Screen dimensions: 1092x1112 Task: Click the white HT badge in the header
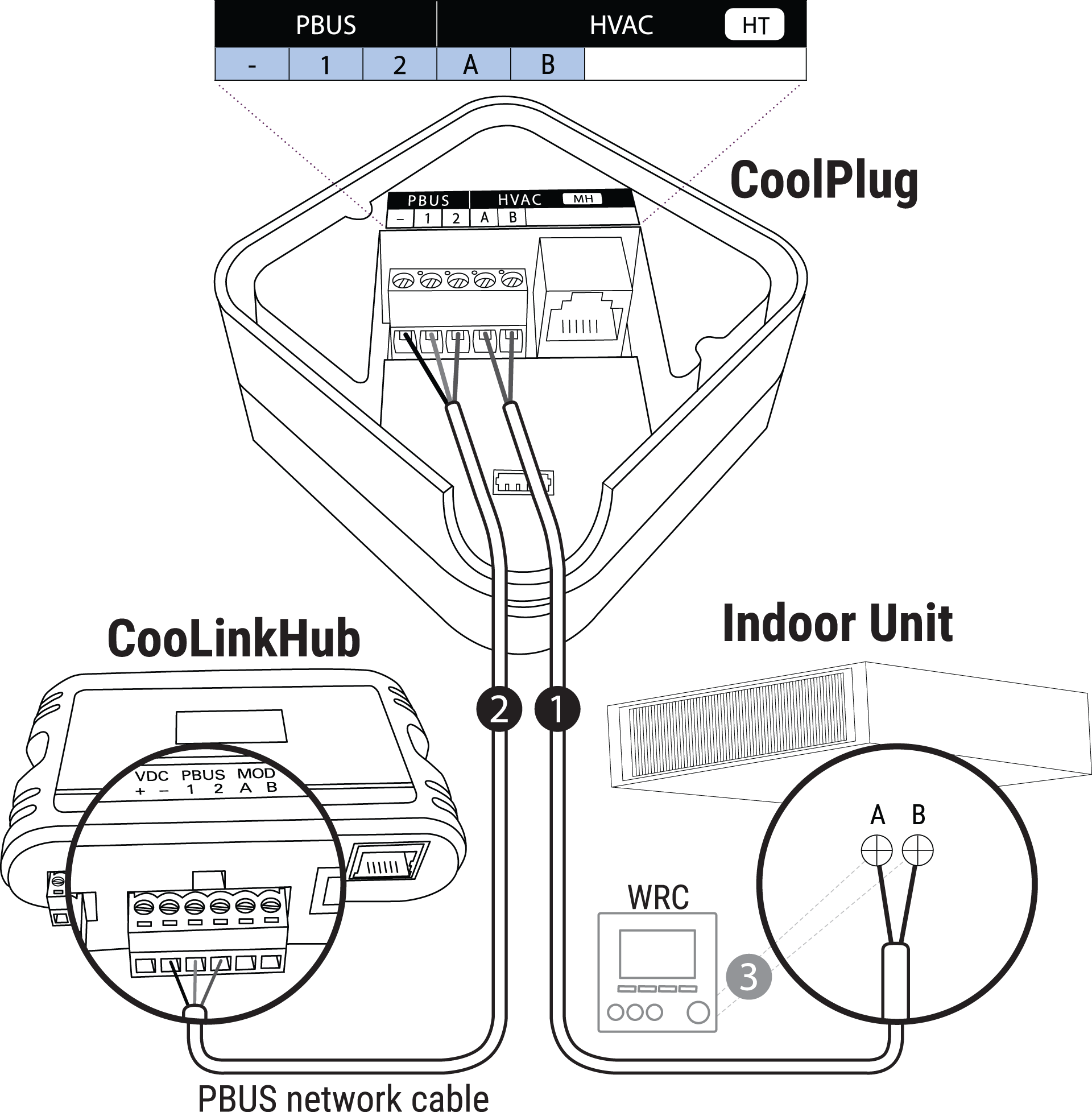754,25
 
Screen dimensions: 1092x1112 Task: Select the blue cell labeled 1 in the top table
326,64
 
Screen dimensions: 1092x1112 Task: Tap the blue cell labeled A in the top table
473,64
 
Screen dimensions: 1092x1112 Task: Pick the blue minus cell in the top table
252,64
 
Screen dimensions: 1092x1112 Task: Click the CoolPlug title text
824,181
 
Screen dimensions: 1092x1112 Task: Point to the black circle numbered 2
499,709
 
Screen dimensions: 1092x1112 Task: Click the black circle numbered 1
557,709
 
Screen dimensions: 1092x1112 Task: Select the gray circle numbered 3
748,977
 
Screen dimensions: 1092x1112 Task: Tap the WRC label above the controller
659,898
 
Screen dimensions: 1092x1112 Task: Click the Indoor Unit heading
837,623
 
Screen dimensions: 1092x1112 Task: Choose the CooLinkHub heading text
233,638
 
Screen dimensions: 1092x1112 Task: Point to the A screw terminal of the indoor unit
877,850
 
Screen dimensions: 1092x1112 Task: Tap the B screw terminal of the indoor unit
917,850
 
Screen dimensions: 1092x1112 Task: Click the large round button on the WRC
698,1013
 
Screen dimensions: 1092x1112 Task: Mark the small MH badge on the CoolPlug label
583,199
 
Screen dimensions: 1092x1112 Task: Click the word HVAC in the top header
621,25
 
